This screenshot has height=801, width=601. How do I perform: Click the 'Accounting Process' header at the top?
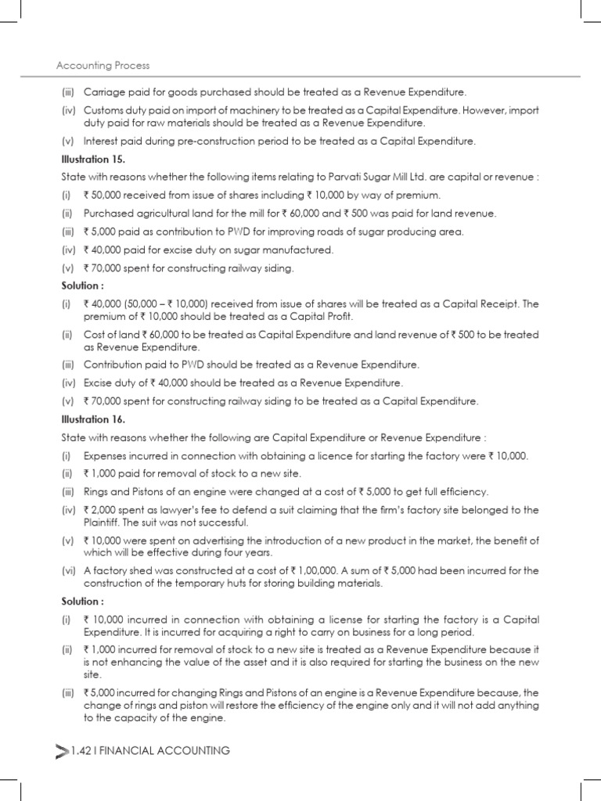103,66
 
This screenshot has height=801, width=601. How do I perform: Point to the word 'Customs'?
103,110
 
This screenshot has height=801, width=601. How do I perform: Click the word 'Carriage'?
104,92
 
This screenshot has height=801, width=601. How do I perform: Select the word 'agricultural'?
155,213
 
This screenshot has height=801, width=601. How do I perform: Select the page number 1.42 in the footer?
81,751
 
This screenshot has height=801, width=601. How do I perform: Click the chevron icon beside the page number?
63,752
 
